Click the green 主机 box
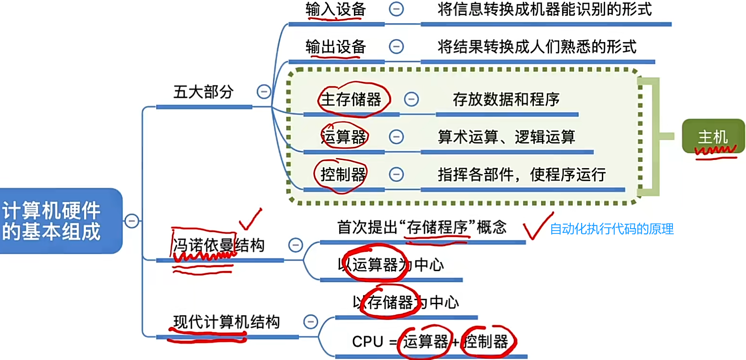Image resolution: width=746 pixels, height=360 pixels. click(713, 137)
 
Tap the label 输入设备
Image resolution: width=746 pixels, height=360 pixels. click(336, 10)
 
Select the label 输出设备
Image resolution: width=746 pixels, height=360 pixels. click(336, 46)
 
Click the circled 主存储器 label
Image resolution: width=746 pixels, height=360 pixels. click(351, 99)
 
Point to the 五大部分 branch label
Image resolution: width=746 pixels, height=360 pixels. click(203, 92)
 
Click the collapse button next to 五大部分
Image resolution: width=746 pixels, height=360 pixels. click(263, 91)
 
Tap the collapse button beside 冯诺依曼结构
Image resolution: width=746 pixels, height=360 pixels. click(296, 245)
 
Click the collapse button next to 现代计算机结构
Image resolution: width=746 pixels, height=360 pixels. click(310, 321)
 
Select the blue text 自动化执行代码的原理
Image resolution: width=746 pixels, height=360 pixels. click(612, 229)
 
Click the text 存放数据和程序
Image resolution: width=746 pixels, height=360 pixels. click(506, 99)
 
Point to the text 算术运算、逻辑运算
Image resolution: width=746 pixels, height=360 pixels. click(506, 137)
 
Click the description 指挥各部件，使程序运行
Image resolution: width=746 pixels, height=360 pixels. click(522, 175)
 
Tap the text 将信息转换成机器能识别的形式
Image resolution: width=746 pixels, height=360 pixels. click(544, 10)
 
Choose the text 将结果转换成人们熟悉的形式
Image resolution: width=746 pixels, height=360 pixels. click(537, 46)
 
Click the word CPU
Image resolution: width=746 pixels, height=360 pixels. click(368, 341)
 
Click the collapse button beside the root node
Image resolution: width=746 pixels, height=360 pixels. click(131, 221)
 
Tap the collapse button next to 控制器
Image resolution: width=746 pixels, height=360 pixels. click(396, 174)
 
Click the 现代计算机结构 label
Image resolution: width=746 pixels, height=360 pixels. click(226, 323)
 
